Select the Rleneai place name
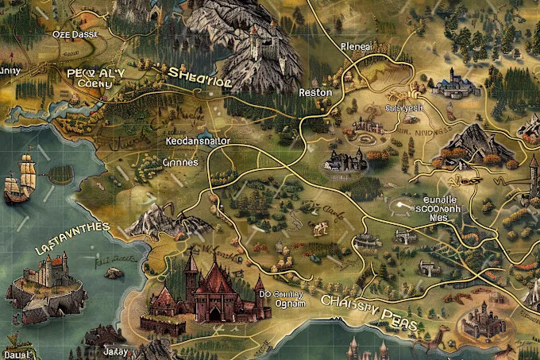point(354,46)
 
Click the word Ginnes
point(179,161)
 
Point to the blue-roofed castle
point(453,82)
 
